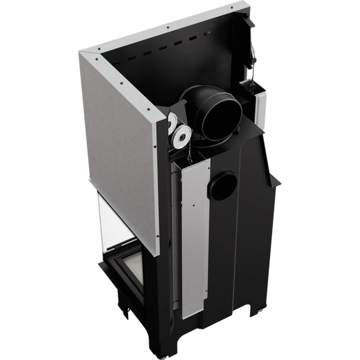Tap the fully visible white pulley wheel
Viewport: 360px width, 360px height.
coord(180,138)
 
